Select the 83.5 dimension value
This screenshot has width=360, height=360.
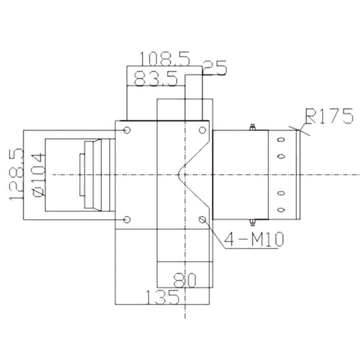coord(155,79)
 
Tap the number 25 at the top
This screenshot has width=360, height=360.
coord(215,69)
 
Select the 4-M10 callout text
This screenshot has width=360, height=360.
coord(253,241)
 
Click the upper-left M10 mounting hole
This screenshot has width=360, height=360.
coord(126,130)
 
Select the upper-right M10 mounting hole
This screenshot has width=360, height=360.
coord(201,130)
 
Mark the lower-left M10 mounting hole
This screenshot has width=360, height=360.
coord(126,219)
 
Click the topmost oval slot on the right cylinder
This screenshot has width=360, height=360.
coord(280,140)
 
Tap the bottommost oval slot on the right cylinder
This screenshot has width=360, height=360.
coord(280,209)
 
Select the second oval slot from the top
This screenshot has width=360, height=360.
coord(280,156)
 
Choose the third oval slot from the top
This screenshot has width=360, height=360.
coord(280,193)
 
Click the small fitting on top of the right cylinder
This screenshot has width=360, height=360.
coord(252,127)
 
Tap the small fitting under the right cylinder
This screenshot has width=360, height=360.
coord(252,222)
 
